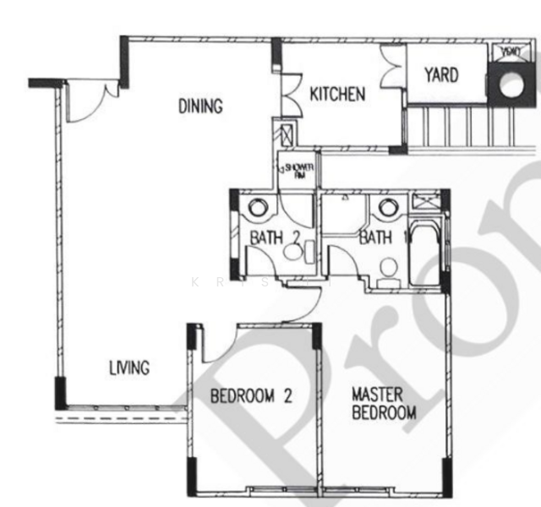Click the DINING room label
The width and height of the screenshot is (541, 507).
point(200,106)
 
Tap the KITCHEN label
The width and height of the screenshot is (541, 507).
point(337,94)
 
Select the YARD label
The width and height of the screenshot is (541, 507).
point(441,75)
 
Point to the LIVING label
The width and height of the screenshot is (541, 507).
point(129,368)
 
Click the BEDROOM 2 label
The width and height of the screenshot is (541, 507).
point(251,395)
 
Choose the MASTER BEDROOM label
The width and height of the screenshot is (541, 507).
point(384,404)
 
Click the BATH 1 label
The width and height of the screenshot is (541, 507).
point(378,238)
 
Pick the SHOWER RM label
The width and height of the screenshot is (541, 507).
point(299,171)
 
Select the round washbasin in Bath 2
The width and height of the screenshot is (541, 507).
point(257,206)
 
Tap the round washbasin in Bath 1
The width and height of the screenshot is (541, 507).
point(388,206)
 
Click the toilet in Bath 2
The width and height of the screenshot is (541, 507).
point(292,251)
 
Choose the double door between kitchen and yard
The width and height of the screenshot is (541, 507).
point(394,63)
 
